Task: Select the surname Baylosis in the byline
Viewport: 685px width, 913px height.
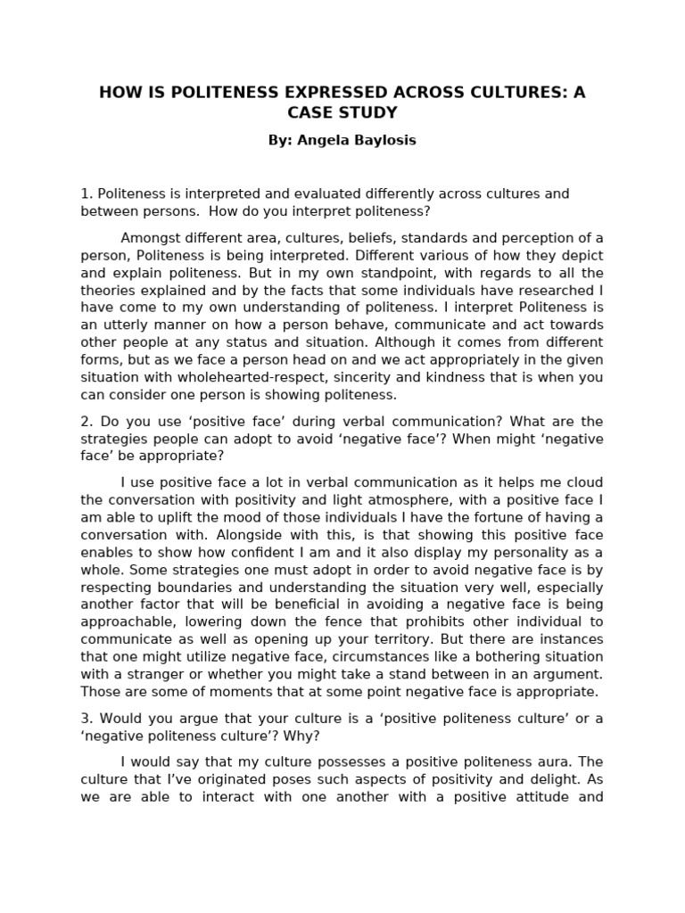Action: click(x=384, y=141)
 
